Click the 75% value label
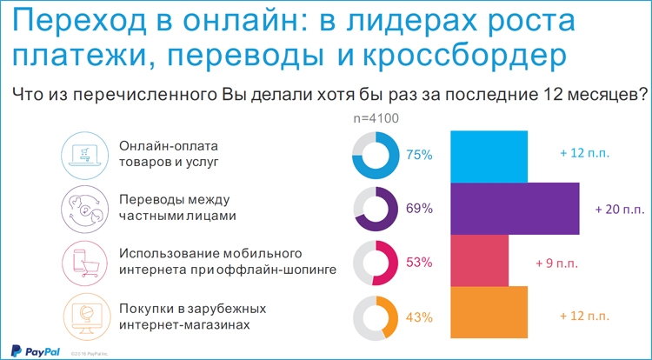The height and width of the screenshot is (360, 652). [420, 155]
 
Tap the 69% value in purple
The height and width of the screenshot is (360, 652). [420, 209]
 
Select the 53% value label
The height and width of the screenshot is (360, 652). [420, 263]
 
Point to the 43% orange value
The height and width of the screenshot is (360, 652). [420, 317]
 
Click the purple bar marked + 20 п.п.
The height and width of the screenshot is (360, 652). [516, 209]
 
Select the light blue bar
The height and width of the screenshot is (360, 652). [489, 157]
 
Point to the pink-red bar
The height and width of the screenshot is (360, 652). [479, 261]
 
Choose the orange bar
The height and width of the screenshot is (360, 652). [489, 312]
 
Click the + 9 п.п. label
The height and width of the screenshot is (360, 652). [556, 263]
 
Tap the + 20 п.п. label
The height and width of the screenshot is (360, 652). [620, 209]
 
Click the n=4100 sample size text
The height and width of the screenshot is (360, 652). [376, 118]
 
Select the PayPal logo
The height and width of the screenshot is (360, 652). [35, 351]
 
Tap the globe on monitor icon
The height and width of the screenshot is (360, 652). [87, 317]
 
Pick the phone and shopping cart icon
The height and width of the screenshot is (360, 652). [84, 263]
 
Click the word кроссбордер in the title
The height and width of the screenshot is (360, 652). [464, 57]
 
